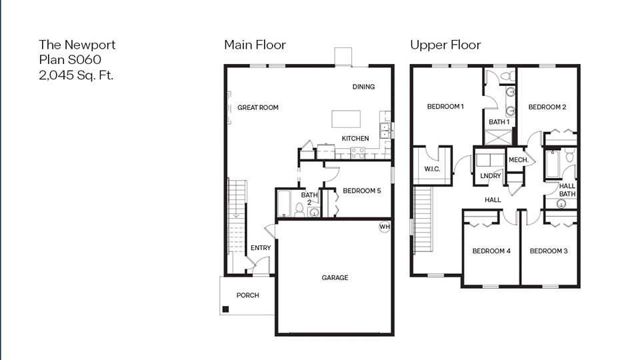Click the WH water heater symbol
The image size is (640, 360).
pos(385,227)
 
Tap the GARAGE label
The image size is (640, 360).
pos(335,278)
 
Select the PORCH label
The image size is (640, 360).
pos(247,295)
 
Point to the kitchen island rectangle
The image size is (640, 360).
pos(347,119)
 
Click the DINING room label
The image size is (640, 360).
pos(363,87)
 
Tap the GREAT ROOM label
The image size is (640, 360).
pos(258,107)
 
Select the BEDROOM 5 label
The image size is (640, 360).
pos(361,191)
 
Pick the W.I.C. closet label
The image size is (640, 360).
pos(432,169)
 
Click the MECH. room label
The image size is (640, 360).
pos(519,160)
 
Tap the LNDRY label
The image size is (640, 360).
pos(490,176)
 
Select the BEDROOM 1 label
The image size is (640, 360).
pos(445,107)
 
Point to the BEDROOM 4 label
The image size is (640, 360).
pos(491,251)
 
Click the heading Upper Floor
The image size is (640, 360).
pos(445,45)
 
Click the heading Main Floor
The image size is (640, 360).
pos(255,45)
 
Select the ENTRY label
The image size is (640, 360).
pos(261,248)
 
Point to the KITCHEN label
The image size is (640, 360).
pos(355,139)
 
